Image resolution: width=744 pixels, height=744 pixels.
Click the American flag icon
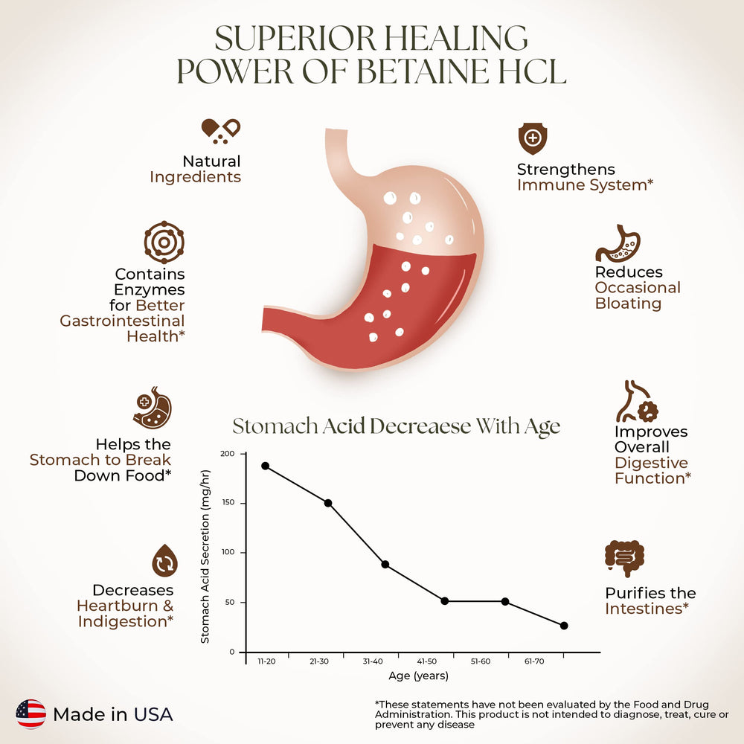31,714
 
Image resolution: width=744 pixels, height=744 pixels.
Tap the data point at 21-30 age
328,503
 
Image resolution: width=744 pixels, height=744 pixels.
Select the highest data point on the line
266,466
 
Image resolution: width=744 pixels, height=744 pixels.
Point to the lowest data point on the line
564,626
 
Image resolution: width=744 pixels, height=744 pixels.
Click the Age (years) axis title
417,676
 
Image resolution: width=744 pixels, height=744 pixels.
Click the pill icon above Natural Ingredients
221,130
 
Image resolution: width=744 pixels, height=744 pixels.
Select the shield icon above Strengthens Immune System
533,138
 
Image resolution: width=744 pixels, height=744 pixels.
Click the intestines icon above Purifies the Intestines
624,558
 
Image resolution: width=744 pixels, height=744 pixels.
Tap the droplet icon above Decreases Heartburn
164,560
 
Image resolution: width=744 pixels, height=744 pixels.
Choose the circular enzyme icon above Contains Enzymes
164,242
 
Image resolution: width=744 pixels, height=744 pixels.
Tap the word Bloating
628,304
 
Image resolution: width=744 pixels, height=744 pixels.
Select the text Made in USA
113,715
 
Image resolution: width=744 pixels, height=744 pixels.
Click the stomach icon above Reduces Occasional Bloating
618,243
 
